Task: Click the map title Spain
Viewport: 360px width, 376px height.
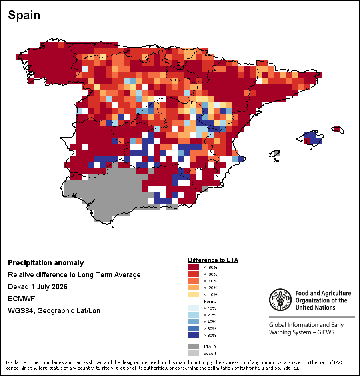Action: (x=24, y=15)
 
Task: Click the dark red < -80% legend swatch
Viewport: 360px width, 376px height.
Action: (x=194, y=267)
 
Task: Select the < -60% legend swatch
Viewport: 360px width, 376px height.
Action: (x=194, y=274)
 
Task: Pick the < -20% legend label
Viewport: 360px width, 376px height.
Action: (x=210, y=288)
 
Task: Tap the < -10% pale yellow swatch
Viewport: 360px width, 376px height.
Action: (x=194, y=294)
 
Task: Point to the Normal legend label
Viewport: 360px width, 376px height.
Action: (x=210, y=302)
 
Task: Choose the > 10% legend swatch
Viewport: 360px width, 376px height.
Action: (x=194, y=308)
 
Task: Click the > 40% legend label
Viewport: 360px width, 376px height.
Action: (x=210, y=322)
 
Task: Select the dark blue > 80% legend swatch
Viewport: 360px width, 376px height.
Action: (x=194, y=335)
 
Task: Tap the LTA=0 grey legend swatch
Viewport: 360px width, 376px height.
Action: (x=194, y=346)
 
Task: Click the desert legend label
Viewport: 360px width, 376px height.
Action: (x=210, y=354)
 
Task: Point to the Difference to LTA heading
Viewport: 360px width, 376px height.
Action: (x=213, y=260)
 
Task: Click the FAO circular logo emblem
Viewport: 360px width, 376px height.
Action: (x=280, y=300)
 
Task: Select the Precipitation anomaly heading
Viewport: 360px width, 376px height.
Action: (x=46, y=263)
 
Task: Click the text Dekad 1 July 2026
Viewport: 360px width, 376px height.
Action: (x=38, y=287)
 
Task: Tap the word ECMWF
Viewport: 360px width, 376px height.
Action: (x=21, y=299)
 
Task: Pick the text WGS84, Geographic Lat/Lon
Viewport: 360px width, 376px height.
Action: (x=54, y=311)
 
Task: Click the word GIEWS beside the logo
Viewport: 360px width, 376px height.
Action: (x=326, y=332)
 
